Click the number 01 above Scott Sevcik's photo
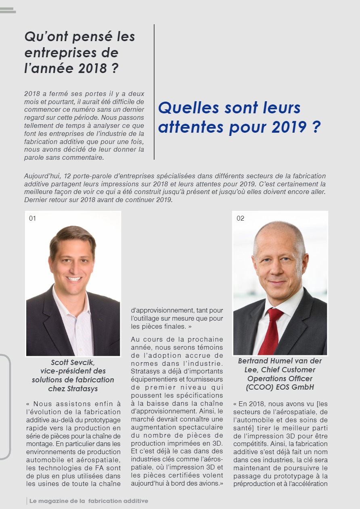32,219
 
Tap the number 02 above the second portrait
240,219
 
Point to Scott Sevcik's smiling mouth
74,279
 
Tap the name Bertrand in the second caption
253,361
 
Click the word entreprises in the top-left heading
71,52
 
